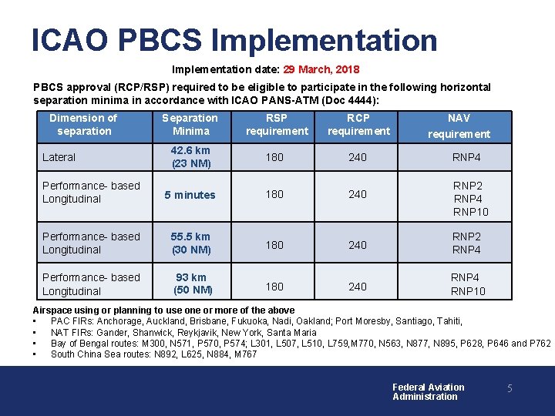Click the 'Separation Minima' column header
click(x=190, y=124)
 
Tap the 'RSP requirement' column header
click(x=277, y=124)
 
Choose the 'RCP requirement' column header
click(x=358, y=124)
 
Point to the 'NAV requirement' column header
click(x=459, y=126)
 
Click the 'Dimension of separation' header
click(x=83, y=124)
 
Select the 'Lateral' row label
click(x=59, y=157)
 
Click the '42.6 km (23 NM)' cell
click(x=190, y=157)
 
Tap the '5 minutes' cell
click(x=190, y=195)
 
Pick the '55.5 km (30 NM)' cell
click(x=190, y=243)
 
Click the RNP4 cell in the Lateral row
click(x=466, y=157)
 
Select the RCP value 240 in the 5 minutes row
click(x=358, y=195)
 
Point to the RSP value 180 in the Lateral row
click(x=274, y=157)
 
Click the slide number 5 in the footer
click(x=510, y=389)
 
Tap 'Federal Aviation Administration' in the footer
click(x=428, y=392)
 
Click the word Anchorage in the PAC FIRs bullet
click(x=116, y=321)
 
